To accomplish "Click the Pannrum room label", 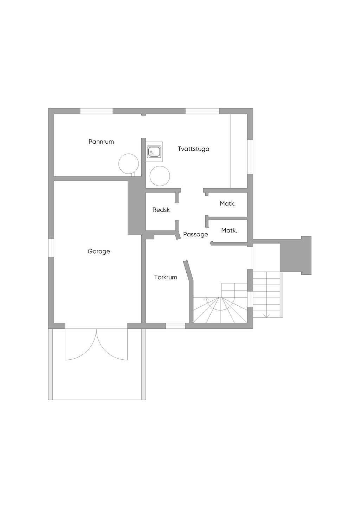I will point(101,142).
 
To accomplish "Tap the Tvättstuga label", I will point(193,149).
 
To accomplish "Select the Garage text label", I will point(99,252).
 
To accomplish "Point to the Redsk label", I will point(161,210).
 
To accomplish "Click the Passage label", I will point(195,234).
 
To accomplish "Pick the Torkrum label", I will point(166,278).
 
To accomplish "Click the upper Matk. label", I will point(227,204).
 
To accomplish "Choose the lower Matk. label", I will point(229,231).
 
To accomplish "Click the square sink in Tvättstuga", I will point(154,152).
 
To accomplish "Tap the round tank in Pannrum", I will point(129,164).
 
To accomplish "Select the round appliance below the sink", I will point(160,176).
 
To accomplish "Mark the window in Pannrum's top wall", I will point(96,111).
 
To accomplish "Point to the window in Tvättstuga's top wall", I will point(202,111).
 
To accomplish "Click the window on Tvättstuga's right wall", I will point(250,157).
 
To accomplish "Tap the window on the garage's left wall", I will point(51,248).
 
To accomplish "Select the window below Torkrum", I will point(175,326).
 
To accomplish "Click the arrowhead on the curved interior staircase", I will point(207,299).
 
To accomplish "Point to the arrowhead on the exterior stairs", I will point(266,316).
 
